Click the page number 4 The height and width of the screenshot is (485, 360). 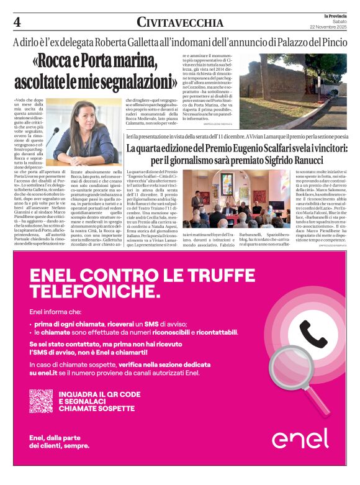(x=17, y=22)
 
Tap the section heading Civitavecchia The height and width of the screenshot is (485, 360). (x=180, y=23)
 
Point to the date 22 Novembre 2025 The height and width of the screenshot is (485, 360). (x=331, y=27)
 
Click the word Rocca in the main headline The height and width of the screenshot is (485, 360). (x=63, y=62)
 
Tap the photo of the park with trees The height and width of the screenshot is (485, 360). (x=293, y=90)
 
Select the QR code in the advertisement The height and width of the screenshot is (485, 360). (x=41, y=401)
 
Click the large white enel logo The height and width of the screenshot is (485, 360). (x=300, y=438)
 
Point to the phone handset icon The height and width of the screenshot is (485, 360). (x=313, y=334)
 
